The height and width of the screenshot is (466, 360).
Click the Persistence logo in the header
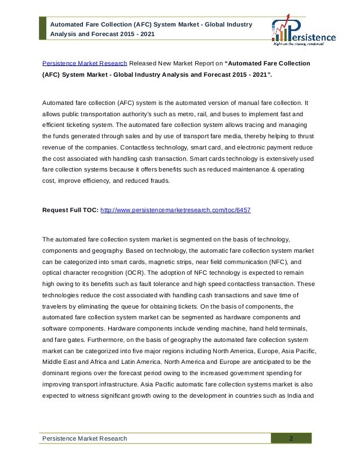pyautogui.click(x=304, y=32)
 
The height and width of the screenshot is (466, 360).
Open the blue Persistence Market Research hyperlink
pyautogui.click(x=85, y=62)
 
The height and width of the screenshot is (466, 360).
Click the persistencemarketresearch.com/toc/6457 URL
pyautogui.click(x=175, y=210)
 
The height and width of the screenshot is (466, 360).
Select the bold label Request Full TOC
pyautogui.click(x=71, y=210)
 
